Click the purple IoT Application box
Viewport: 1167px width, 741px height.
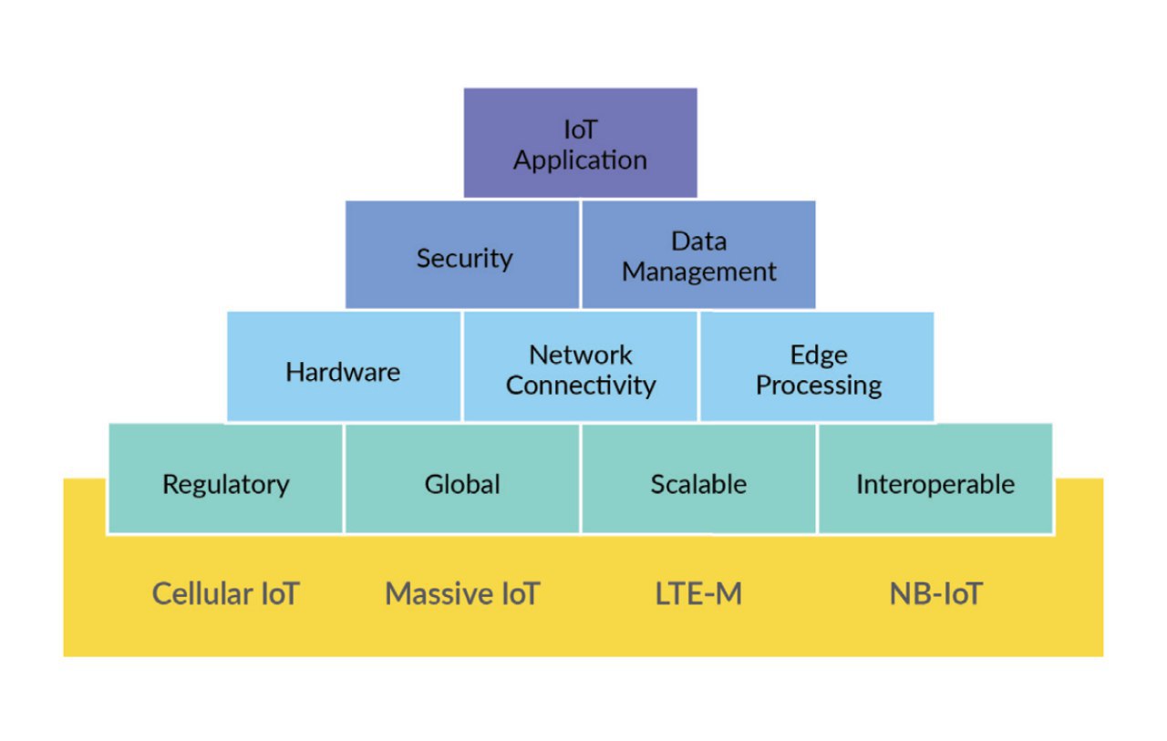[581, 143]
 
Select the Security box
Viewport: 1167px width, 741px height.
[462, 254]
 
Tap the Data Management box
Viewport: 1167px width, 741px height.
[698, 254]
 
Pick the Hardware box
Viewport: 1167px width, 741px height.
[344, 366]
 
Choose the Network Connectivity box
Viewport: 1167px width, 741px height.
[581, 366]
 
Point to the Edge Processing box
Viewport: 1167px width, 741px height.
[817, 366]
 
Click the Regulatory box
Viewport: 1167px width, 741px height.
[225, 478]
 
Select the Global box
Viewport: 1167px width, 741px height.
[462, 478]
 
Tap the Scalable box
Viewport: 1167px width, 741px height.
[698, 478]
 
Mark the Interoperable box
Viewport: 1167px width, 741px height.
[935, 478]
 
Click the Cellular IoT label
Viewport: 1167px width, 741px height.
[225, 593]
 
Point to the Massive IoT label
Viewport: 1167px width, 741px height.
[462, 593]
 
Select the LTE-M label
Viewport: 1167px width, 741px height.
[698, 593]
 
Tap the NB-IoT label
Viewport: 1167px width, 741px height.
[935, 593]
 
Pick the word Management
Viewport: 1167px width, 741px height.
[699, 273]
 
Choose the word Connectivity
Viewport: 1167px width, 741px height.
[581, 386]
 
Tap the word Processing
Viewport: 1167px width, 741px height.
[819, 386]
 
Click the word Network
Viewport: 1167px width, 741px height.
[581, 355]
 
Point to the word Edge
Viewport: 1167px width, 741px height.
[819, 356]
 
